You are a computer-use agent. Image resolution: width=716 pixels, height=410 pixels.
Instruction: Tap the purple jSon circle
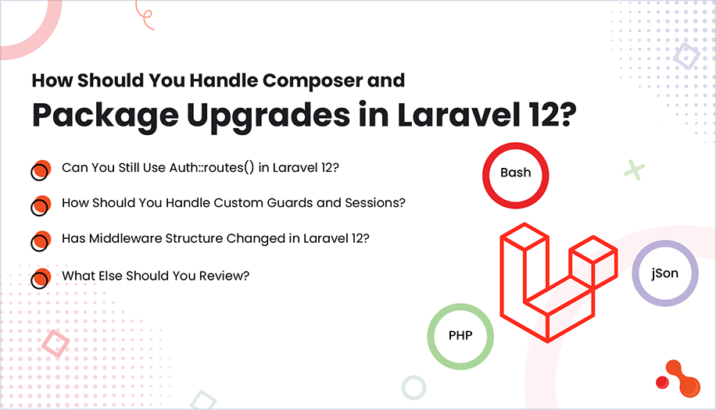click(x=664, y=273)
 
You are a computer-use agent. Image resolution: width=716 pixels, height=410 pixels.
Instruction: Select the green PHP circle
click(x=460, y=336)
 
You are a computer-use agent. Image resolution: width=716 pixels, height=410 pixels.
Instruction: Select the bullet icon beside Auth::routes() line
click(x=40, y=171)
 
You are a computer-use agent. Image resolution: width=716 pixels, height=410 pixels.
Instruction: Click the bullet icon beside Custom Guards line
click(x=40, y=206)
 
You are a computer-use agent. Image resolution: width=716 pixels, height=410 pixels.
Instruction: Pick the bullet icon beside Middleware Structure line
click(x=40, y=241)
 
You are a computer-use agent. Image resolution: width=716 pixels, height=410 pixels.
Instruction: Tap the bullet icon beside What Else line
click(x=40, y=278)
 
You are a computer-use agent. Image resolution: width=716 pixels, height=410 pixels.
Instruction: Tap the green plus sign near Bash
click(x=635, y=169)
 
